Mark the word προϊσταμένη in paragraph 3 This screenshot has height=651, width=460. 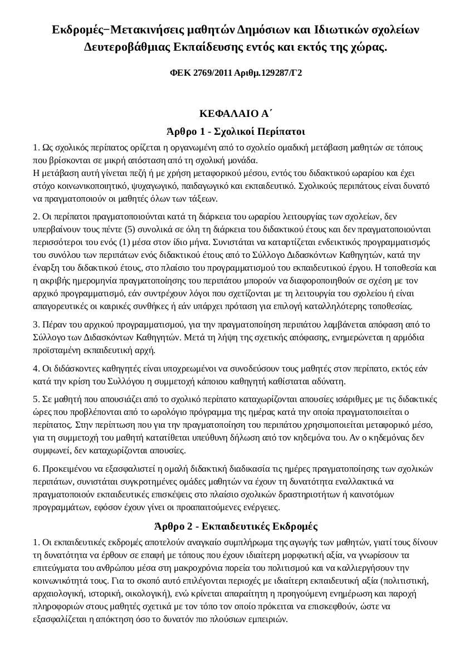point(53,350)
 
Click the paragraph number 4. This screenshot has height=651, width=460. point(36,368)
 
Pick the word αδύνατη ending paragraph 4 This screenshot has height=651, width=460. point(331,381)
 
